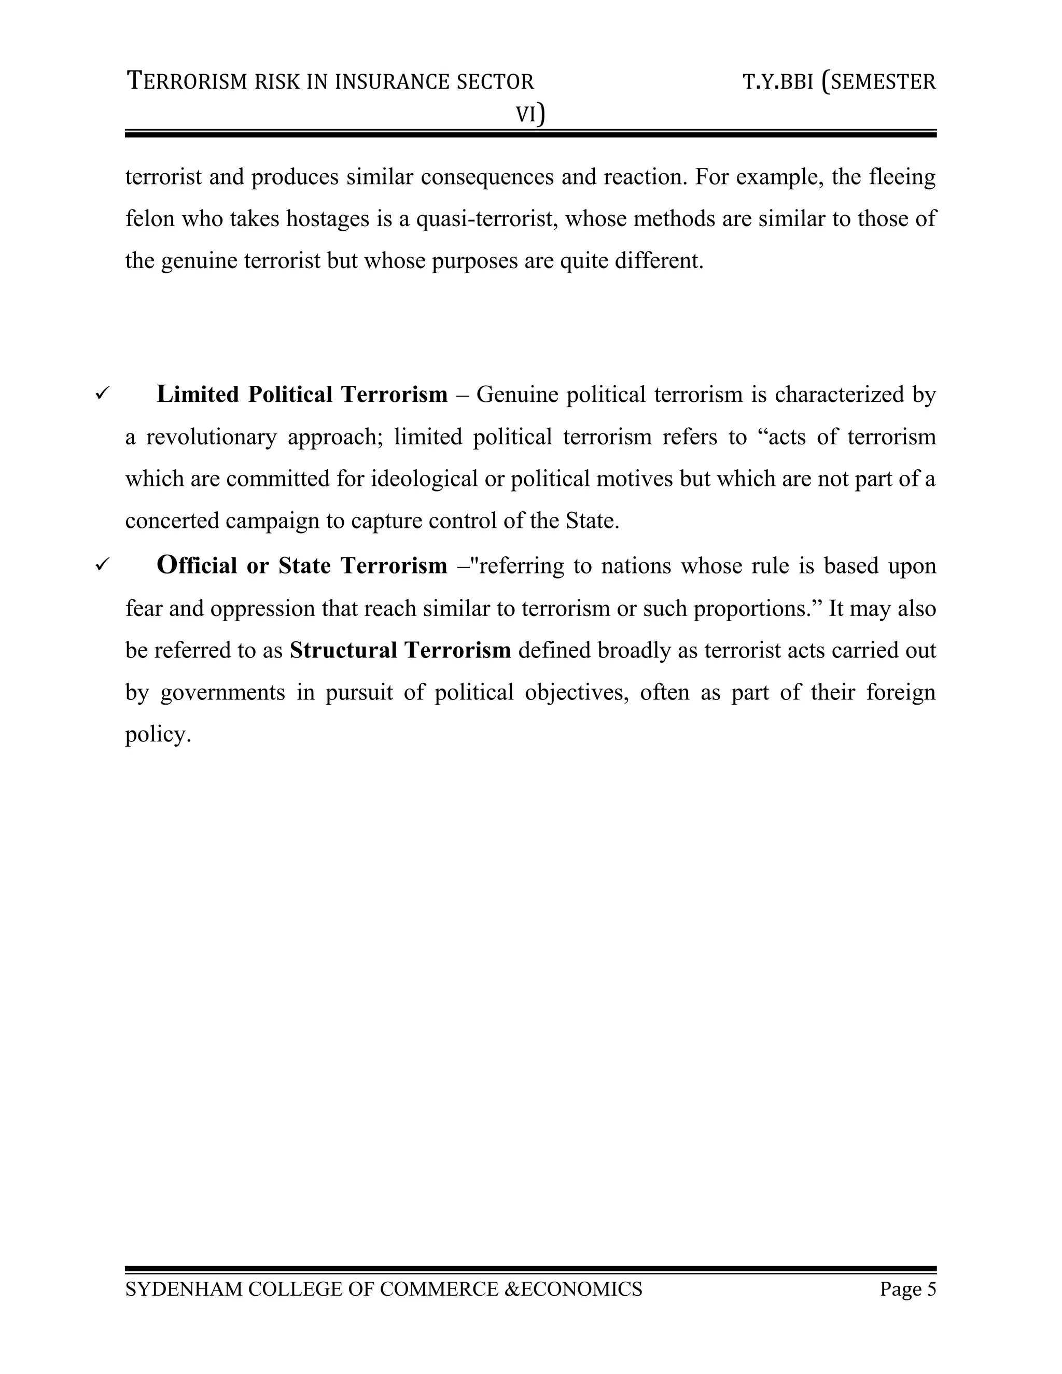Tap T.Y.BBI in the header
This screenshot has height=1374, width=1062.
coord(778,82)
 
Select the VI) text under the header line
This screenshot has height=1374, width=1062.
coord(530,115)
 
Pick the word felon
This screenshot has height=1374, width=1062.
coord(150,219)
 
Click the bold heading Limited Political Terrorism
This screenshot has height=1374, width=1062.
coord(302,395)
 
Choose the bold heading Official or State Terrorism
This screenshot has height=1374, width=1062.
coord(302,566)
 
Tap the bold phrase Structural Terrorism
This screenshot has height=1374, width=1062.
coord(400,650)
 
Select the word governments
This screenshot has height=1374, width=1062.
coord(222,692)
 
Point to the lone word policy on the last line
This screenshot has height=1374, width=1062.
coord(157,734)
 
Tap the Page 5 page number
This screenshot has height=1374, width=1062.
coord(908,1289)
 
